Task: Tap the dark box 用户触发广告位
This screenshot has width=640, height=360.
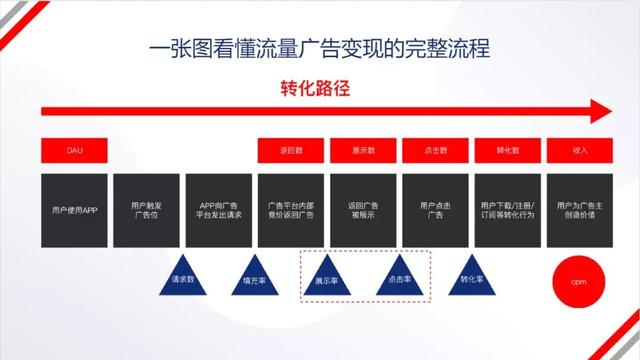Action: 148,211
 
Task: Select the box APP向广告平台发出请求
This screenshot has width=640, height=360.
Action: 220,211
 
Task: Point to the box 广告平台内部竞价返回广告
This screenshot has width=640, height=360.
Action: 292,211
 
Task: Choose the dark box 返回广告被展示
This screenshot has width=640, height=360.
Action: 364,211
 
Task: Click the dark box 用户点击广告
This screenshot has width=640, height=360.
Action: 435,211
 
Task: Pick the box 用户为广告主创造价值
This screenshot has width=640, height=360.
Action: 580,211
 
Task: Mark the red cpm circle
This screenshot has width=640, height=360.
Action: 578,282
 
